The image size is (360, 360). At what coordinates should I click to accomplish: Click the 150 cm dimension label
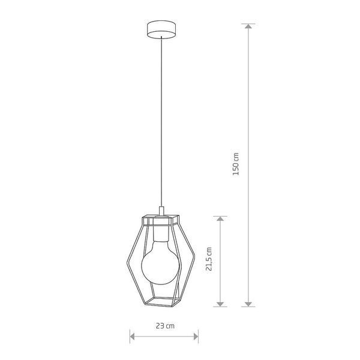coord(236,164)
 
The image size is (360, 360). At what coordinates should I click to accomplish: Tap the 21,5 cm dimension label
coord(209,259)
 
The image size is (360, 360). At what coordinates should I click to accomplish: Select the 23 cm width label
coord(165,326)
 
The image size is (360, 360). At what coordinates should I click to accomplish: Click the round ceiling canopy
coord(161,29)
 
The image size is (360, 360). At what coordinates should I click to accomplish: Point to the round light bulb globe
coord(160,266)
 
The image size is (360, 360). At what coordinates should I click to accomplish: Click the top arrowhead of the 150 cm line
coord(248,26)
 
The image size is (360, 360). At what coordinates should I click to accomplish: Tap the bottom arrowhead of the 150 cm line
coord(248,304)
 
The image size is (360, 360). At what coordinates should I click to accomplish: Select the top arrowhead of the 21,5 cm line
coord(220,218)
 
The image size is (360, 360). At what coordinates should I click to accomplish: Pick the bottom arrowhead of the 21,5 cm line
coord(220,304)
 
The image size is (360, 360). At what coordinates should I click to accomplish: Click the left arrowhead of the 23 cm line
coord(132,337)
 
